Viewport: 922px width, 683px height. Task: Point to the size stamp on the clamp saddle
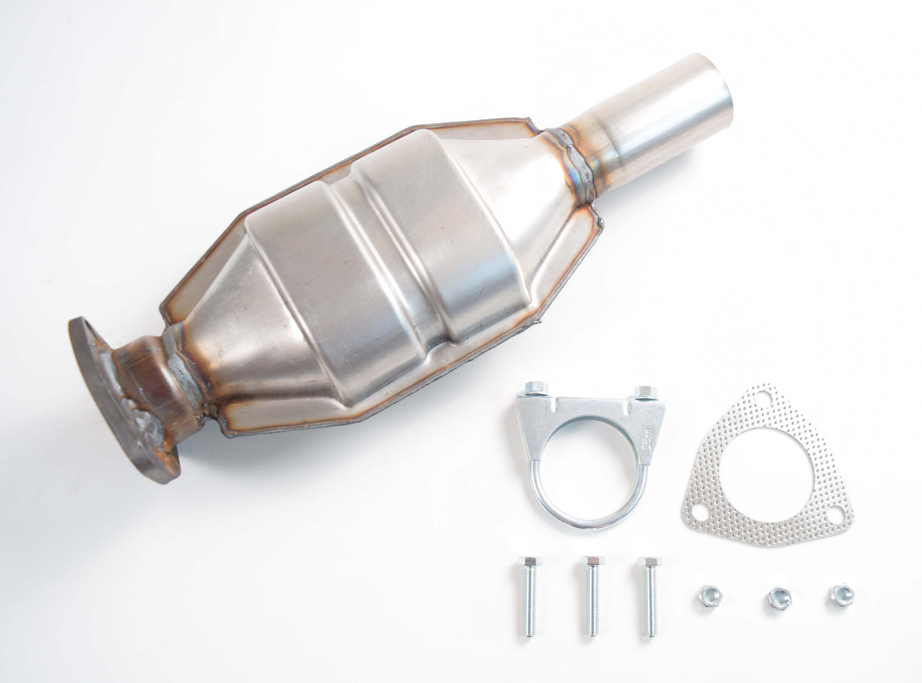(x=646, y=441)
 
